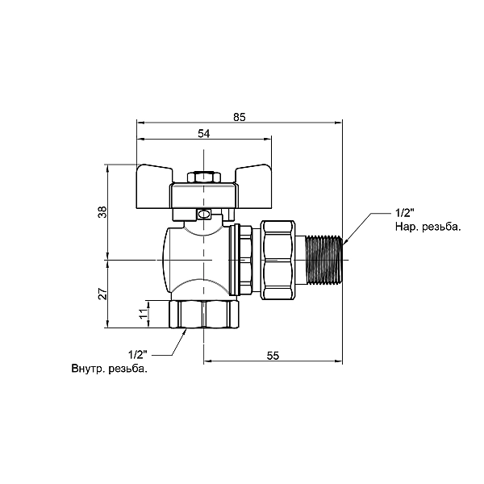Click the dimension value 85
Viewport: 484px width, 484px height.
pyautogui.click(x=239, y=117)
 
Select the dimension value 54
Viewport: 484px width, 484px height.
pyautogui.click(x=203, y=134)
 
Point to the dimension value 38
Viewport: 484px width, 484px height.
pyautogui.click(x=101, y=213)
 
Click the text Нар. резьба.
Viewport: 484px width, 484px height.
pyautogui.click(x=428, y=227)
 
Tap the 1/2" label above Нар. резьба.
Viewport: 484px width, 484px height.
pyautogui.click(x=404, y=213)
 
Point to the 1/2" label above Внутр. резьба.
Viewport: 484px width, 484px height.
pyautogui.click(x=138, y=354)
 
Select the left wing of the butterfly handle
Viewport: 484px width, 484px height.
pyautogui.click(x=155, y=176)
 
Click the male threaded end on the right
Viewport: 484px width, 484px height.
pyautogui.click(x=326, y=260)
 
